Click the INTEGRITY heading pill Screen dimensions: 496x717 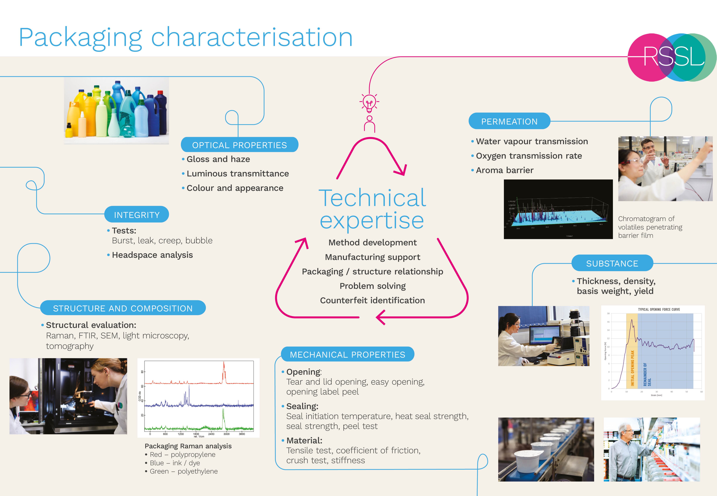(x=137, y=215)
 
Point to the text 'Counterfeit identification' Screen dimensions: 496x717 (x=372, y=300)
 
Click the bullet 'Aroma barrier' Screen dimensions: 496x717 (x=504, y=170)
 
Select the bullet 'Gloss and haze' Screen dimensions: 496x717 (x=218, y=159)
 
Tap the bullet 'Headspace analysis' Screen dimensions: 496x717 (x=152, y=255)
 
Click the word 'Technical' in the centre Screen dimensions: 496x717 (x=372, y=198)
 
